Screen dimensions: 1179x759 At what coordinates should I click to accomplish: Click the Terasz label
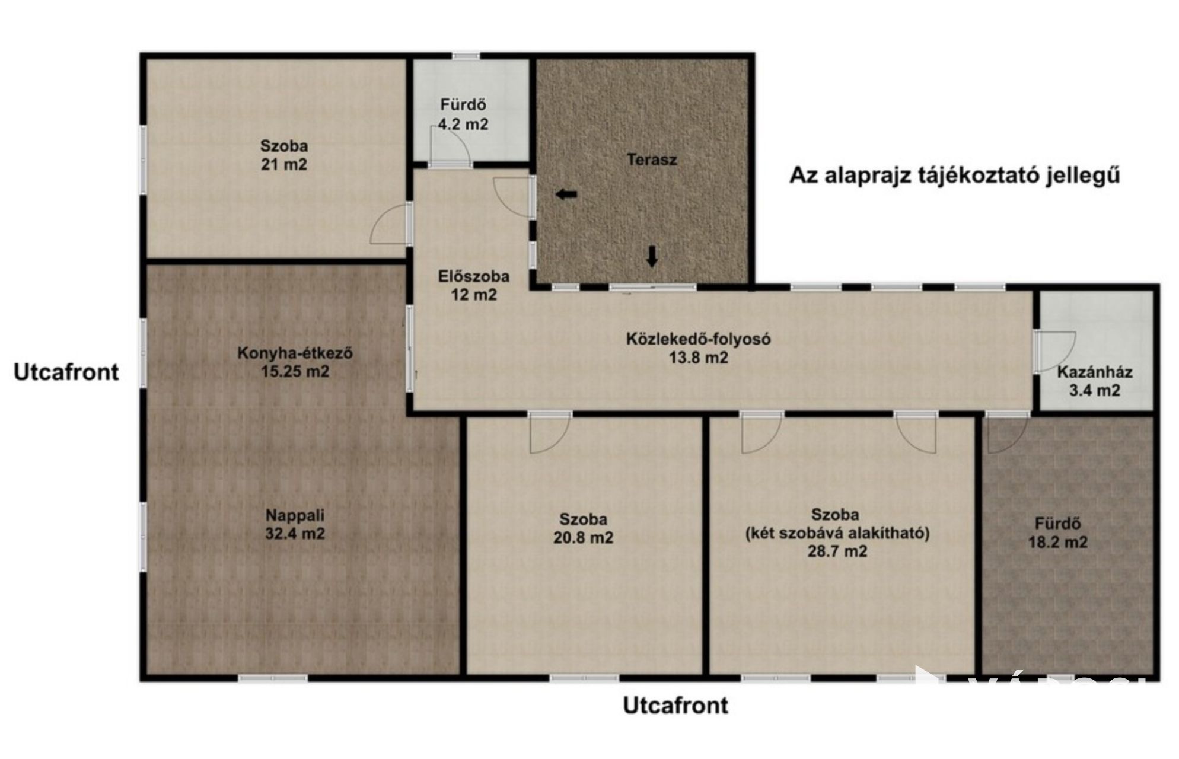click(x=652, y=160)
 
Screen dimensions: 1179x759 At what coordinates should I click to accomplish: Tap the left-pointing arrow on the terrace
click(x=566, y=194)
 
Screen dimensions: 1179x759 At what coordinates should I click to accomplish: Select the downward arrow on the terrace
click(x=652, y=256)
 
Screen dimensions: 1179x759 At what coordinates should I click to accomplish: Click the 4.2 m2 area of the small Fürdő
click(x=463, y=124)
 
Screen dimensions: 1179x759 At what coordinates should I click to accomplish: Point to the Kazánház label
click(x=1095, y=372)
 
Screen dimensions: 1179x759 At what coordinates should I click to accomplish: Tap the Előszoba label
click(x=474, y=276)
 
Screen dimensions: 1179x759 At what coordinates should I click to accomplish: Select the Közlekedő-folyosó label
click(x=699, y=339)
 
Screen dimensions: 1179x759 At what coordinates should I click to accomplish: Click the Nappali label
click(x=295, y=515)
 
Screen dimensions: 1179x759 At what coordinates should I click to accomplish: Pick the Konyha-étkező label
click(x=295, y=353)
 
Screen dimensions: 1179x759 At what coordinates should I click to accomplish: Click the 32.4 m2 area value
click(x=295, y=534)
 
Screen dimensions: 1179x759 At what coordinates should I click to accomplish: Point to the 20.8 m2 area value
click(x=583, y=538)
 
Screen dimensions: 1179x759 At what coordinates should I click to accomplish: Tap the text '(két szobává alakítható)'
click(x=837, y=533)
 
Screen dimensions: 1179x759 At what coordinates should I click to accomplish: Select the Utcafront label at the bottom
click(x=675, y=706)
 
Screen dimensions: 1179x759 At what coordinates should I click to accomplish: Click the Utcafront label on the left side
click(x=66, y=372)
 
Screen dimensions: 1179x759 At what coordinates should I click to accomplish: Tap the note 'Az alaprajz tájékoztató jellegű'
click(x=955, y=176)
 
